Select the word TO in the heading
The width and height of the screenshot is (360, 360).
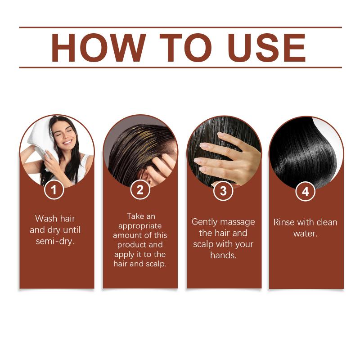(185, 48)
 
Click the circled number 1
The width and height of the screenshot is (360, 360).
(54, 190)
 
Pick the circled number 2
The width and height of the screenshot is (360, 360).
(140, 190)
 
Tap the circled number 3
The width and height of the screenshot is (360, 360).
(223, 191)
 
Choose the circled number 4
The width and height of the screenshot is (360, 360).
(306, 191)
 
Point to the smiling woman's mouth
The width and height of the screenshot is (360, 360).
(67, 142)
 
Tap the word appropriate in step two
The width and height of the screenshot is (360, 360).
(140, 226)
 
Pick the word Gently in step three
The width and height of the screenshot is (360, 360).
(204, 222)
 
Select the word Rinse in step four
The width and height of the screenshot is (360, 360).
(284, 222)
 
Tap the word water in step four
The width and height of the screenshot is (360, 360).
(305, 234)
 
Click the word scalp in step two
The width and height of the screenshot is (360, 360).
(155, 264)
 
